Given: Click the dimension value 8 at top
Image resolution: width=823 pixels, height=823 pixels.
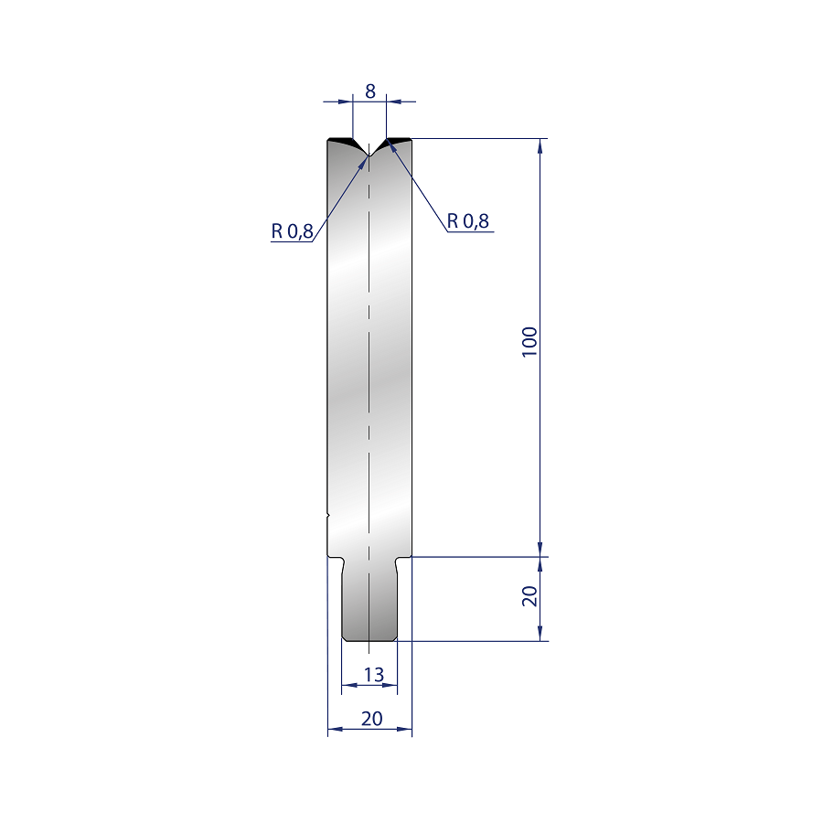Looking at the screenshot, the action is coord(370,91).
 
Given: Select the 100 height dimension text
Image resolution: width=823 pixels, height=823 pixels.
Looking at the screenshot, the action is coord(529,342).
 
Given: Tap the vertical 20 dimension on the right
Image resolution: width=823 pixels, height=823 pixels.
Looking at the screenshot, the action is coord(529,596).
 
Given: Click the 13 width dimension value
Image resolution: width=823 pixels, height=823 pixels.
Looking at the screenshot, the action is coord(374,675).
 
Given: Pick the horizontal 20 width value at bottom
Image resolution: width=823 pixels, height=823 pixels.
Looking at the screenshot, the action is coord(371,718).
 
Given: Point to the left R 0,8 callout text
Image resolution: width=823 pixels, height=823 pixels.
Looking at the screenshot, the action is coord(292,230).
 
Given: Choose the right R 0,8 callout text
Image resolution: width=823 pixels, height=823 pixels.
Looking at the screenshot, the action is coord(467,221).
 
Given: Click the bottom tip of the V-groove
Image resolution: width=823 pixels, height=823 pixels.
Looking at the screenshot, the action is coord(369,155).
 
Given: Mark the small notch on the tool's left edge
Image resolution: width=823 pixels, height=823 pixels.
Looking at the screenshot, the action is coord(328,516).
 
